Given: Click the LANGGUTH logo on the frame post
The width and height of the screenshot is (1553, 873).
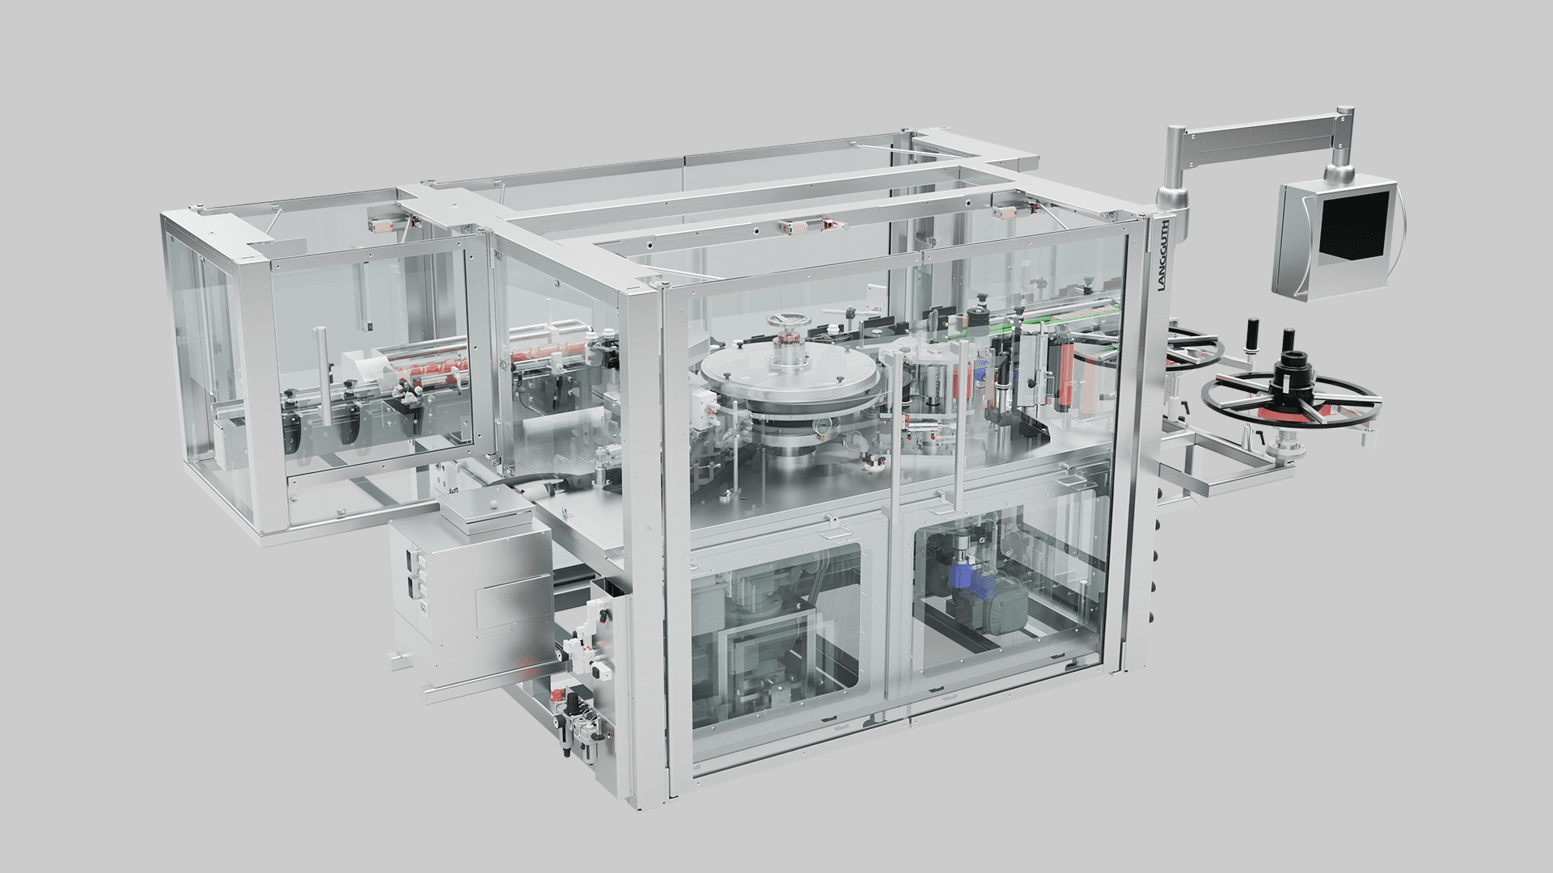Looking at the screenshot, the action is (x=1162, y=255).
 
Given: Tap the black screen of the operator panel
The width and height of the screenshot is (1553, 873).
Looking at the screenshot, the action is (x=1354, y=222).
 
